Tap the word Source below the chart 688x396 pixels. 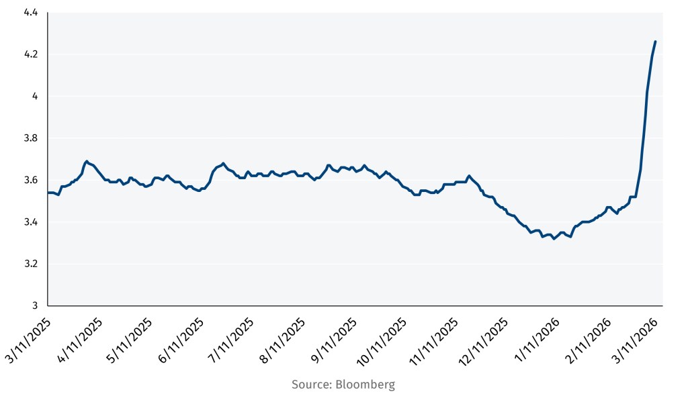pyautogui.click(x=309, y=385)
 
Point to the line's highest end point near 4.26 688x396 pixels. pyautogui.click(x=655, y=42)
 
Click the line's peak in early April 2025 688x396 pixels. pyautogui.click(x=87, y=161)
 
